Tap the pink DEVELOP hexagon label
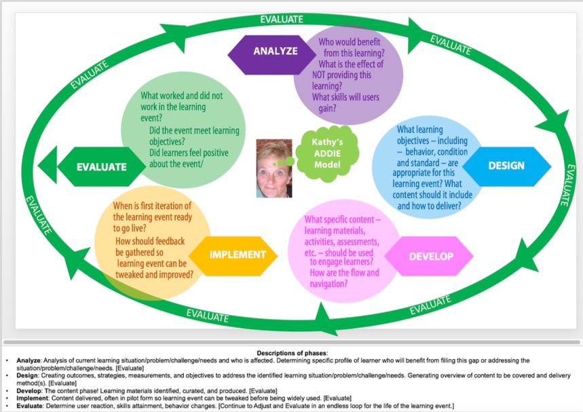(430, 256)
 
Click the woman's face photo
(274, 168)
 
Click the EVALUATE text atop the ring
(282, 20)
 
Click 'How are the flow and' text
(344, 273)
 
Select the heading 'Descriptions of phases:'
(292, 353)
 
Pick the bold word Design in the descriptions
(26, 375)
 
